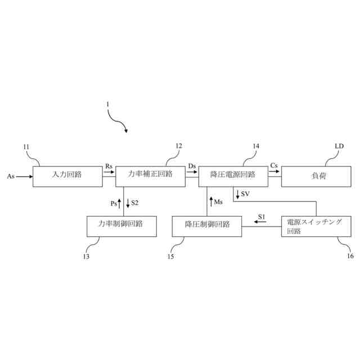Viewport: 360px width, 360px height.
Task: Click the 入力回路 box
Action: point(67,175)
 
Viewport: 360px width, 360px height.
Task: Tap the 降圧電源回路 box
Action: point(233,175)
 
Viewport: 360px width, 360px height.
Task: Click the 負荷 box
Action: point(318,175)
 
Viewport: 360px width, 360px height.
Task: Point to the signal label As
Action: point(11,176)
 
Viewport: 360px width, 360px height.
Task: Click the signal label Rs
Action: point(109,166)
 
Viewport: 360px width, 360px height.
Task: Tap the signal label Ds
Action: point(192,166)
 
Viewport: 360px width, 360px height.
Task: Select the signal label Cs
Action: point(274,166)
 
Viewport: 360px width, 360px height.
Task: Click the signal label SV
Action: point(245,194)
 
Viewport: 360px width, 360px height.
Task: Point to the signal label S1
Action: point(262,217)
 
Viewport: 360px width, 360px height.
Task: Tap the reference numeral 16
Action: point(350,256)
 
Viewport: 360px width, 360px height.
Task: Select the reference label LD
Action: point(339,146)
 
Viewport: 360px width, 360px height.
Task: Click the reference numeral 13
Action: point(86,256)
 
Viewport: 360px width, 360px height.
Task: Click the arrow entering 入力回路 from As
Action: point(25,176)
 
